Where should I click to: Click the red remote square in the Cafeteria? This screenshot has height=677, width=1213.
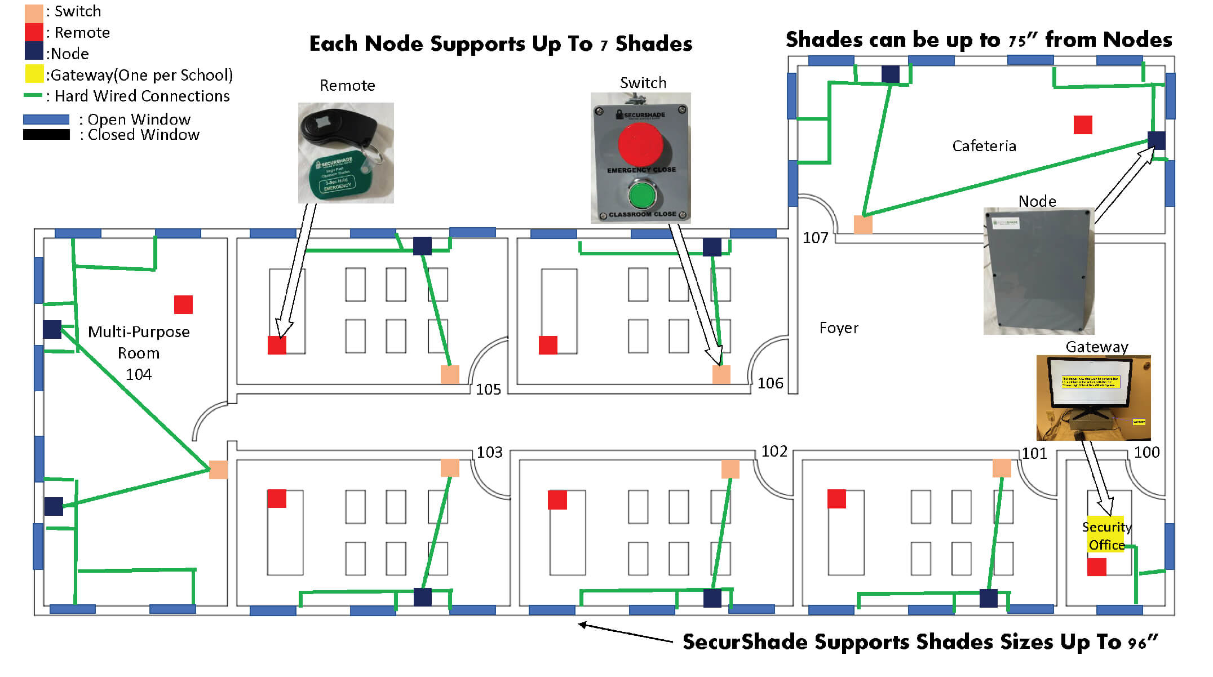1082,125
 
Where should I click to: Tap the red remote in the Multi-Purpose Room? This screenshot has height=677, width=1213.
183,304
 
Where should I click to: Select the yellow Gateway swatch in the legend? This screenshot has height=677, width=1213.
34,74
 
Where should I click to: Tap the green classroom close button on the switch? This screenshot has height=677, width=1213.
641,196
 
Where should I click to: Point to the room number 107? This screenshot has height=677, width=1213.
815,238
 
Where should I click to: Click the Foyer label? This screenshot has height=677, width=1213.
838,328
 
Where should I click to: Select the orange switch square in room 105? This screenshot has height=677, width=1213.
449,374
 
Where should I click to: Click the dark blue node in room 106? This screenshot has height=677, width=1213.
712,247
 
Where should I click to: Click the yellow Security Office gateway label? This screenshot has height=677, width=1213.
1105,535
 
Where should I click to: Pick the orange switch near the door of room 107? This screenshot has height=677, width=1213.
863,224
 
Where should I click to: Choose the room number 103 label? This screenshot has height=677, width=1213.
489,452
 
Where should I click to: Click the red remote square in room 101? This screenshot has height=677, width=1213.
836,499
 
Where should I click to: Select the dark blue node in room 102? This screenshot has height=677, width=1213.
712,598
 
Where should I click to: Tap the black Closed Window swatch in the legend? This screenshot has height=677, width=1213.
46,135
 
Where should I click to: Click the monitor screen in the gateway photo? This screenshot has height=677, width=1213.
1090,383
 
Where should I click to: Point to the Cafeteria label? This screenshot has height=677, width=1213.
984,146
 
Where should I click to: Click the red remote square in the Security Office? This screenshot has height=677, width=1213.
1096,567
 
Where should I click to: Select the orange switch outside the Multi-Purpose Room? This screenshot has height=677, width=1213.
218,470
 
